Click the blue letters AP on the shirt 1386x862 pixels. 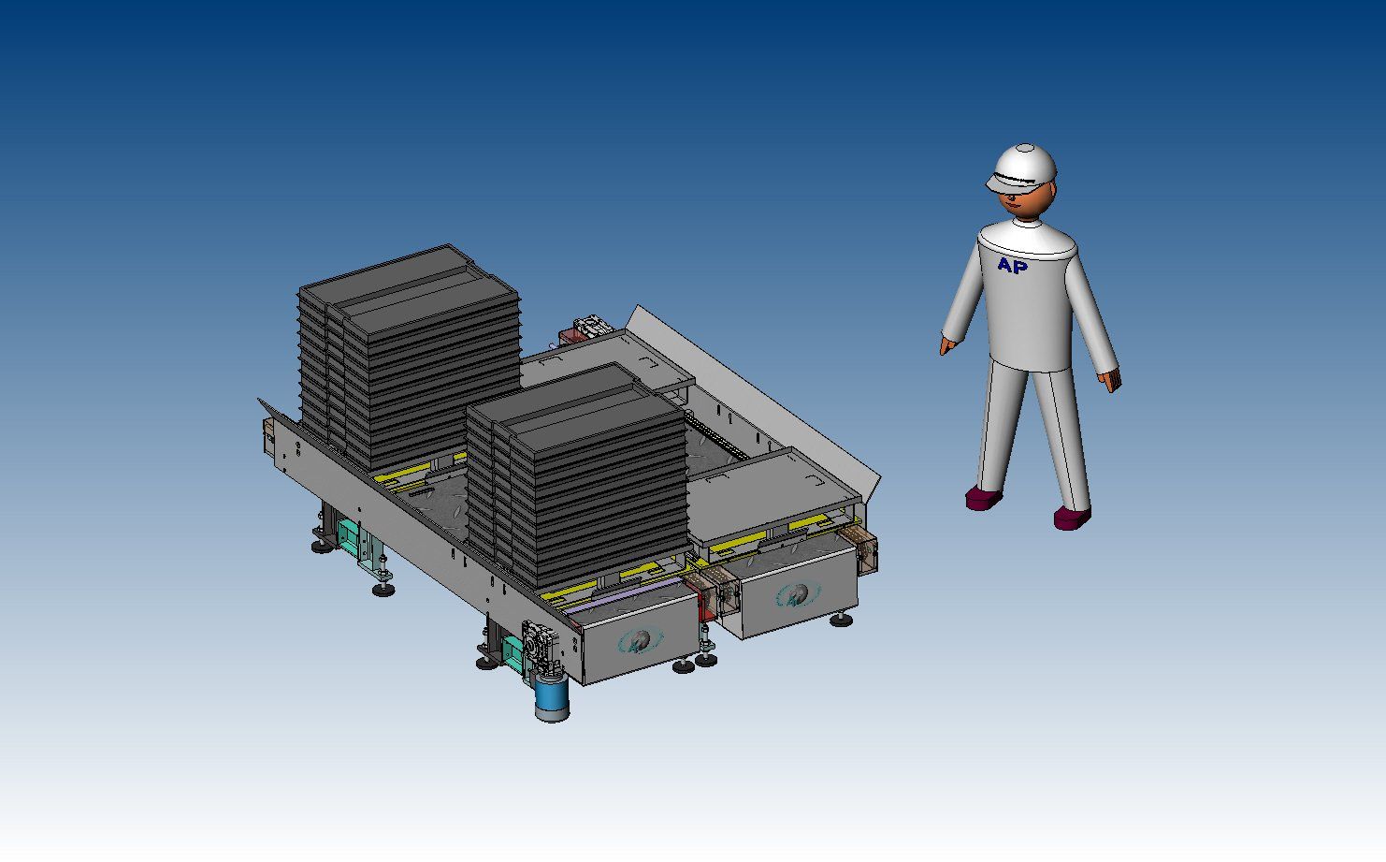click(1012, 265)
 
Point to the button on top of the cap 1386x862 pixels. click(1025, 148)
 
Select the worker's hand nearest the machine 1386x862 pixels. click(946, 345)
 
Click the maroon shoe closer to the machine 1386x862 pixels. click(983, 498)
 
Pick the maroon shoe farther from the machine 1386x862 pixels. click(1073, 518)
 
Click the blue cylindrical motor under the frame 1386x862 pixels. click(552, 698)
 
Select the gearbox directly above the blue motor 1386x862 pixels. click(541, 649)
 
